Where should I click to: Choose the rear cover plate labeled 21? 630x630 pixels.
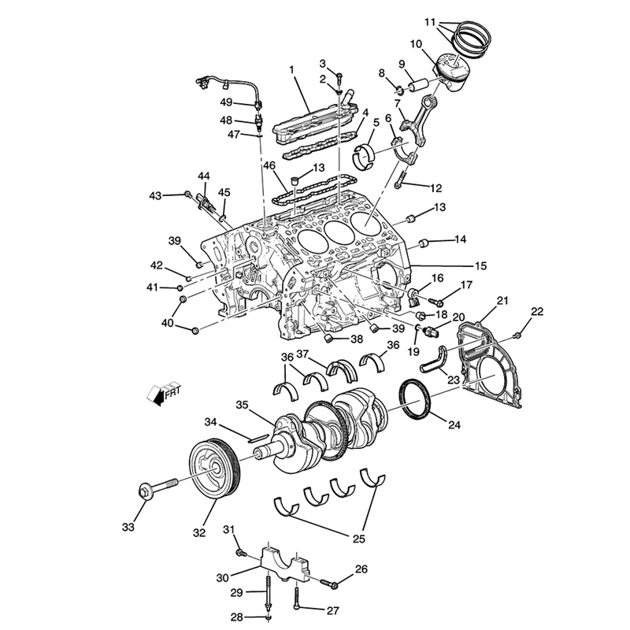click(x=491, y=370)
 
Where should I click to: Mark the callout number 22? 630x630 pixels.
click(x=536, y=312)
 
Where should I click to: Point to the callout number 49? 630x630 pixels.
click(x=226, y=102)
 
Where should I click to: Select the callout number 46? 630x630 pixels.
click(x=269, y=166)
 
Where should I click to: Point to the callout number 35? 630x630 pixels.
click(x=243, y=406)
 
